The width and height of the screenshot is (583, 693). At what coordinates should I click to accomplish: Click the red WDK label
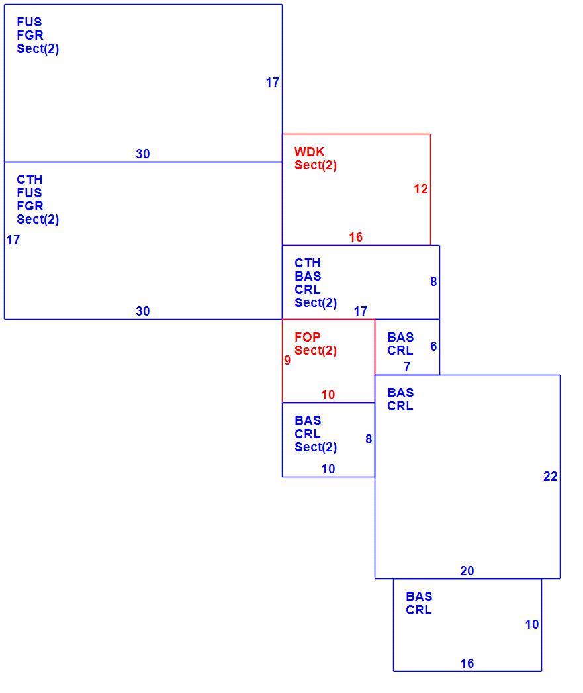click(310, 152)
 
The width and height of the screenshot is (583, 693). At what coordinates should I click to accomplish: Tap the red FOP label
click(307, 337)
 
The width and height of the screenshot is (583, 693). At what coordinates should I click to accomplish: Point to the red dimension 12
click(420, 189)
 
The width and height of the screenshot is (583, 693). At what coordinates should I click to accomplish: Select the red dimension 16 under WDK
click(355, 237)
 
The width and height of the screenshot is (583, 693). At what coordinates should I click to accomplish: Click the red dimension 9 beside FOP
click(287, 360)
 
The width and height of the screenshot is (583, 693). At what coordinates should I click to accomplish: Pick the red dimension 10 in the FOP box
click(328, 394)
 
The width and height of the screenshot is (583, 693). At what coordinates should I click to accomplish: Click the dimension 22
click(551, 476)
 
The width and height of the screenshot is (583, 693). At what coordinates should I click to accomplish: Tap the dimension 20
click(467, 571)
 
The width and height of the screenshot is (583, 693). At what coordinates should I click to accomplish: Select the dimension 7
click(407, 367)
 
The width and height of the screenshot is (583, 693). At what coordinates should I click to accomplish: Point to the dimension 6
click(433, 346)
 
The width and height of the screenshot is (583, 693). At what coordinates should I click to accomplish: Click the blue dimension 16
click(467, 663)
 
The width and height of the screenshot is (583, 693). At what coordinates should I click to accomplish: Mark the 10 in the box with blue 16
click(532, 624)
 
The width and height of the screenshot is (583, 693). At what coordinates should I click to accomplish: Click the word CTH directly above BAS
click(307, 263)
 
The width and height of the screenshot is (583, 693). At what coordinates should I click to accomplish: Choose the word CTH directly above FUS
click(30, 179)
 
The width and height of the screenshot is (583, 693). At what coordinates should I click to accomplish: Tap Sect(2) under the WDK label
click(316, 165)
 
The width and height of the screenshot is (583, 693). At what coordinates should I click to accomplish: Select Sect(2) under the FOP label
click(316, 351)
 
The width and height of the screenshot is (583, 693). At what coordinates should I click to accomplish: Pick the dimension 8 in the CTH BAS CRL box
click(433, 281)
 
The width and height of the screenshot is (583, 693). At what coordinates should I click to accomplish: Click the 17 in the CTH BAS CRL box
click(360, 311)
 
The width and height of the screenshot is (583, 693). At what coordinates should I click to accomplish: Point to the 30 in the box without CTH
click(142, 154)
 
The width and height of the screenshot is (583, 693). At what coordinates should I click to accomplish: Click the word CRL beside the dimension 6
click(400, 351)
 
